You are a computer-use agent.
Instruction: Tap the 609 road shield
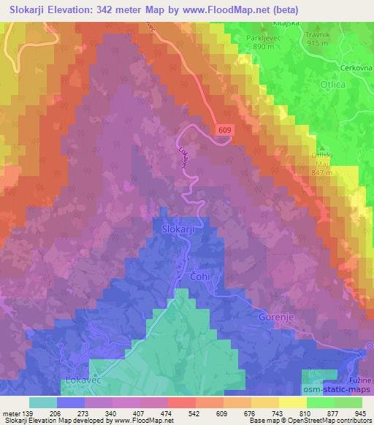(226, 129)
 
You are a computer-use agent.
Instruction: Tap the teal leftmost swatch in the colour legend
(43, 402)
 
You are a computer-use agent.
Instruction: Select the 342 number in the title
(112, 8)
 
